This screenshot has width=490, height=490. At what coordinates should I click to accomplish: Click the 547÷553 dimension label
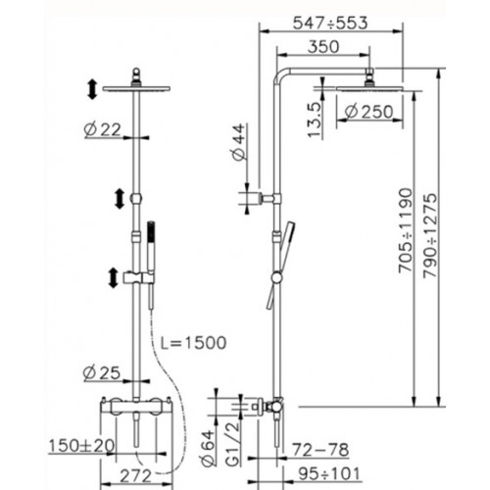[330, 24]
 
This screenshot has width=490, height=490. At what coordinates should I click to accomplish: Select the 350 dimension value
[323, 47]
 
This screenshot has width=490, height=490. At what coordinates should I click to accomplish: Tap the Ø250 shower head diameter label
[369, 112]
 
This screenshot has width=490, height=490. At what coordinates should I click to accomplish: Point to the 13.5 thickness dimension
[316, 120]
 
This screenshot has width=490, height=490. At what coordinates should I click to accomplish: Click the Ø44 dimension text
[239, 142]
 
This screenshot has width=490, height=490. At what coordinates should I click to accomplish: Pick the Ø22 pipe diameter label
[102, 130]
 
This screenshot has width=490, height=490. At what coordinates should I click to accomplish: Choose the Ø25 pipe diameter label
[102, 373]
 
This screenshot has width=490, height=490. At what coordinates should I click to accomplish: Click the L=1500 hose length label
[193, 343]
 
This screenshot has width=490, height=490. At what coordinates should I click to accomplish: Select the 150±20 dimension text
[81, 446]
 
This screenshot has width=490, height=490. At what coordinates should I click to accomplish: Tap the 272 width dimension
[135, 476]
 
